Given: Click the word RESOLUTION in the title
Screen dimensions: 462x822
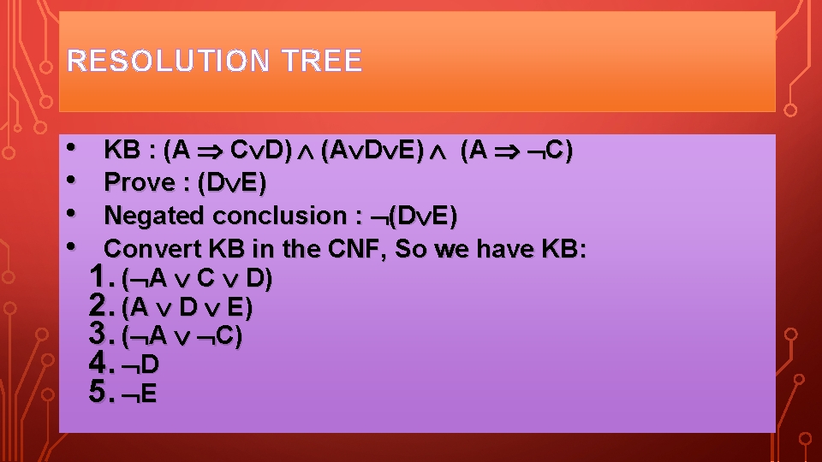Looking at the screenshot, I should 164,61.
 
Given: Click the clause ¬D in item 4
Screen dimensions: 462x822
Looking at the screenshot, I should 141,366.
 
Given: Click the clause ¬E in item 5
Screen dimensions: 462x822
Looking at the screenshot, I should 141,395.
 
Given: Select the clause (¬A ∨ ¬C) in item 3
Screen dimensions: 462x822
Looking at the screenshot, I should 182,337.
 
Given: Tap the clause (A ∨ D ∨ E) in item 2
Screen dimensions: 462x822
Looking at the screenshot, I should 188,308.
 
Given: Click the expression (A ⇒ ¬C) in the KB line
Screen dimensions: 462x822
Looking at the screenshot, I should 516,151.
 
